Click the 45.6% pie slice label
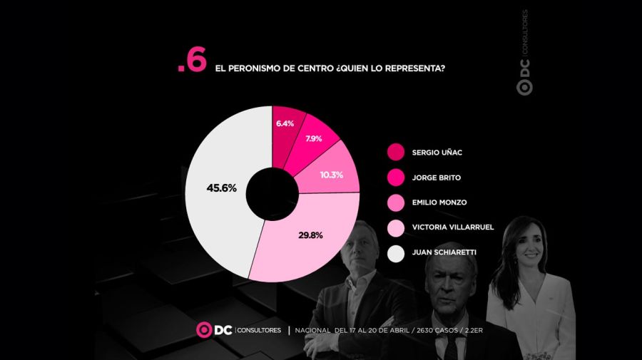[x=221, y=189]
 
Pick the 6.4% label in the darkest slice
[x=285, y=123]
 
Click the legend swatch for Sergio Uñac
[x=395, y=152]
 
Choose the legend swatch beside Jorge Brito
[x=395, y=177]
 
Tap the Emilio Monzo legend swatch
[x=395, y=202]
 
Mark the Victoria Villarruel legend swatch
[x=395, y=227]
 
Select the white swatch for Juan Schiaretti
[x=395, y=253]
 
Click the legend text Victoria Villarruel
[x=452, y=227]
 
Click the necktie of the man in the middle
[x=451, y=348]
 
